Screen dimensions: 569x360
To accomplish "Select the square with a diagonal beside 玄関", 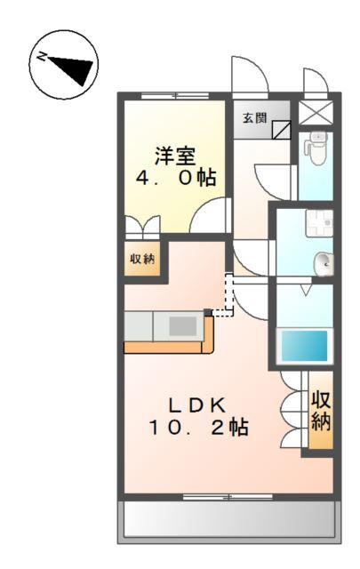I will [x=281, y=130].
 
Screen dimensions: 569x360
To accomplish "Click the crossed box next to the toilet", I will [x=315, y=112].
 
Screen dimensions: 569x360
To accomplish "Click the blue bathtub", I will [x=305, y=343].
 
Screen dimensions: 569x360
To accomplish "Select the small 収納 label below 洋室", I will [x=142, y=260].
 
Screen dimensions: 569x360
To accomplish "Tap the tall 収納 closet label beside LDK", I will [x=320, y=412].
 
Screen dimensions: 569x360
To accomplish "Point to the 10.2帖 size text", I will [x=197, y=428].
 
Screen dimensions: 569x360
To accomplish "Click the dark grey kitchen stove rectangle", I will [x=182, y=326].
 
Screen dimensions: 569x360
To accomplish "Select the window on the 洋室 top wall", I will [x=178, y=94].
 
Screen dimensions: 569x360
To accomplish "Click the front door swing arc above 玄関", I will [x=245, y=74].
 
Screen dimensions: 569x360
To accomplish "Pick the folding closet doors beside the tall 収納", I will [x=292, y=410].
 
